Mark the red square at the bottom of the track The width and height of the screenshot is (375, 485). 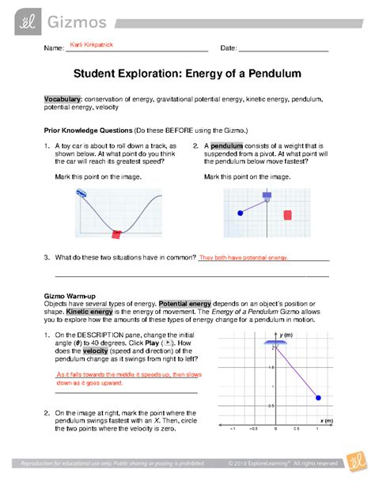coord(116,233)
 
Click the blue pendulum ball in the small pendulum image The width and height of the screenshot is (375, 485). coord(241,213)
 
